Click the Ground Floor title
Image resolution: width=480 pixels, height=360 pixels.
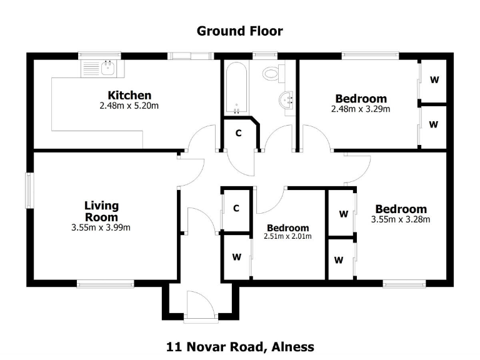pos(240,31)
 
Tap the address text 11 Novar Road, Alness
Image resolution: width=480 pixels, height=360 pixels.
pos(240,346)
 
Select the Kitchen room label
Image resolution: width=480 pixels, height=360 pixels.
pos(129,96)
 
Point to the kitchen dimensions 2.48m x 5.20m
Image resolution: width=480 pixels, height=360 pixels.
pos(129,106)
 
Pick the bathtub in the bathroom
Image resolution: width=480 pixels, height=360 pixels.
pos(236,87)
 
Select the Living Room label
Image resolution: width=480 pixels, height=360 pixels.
pos(101,211)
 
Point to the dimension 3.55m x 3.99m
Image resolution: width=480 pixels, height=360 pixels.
pos(101,227)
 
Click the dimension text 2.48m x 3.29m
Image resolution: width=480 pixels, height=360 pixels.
pos(361,109)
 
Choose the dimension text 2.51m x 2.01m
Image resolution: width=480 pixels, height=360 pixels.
pos(288,236)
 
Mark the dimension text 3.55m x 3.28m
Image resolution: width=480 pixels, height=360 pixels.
pos(401,219)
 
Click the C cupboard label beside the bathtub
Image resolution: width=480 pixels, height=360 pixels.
pos(238,133)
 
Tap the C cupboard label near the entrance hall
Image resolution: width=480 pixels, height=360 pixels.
pos(236,209)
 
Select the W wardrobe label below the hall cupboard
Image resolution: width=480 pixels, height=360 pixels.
pos(236,257)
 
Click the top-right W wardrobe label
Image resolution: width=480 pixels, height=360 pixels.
pos(434,80)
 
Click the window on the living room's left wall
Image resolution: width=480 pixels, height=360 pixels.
pos(29,189)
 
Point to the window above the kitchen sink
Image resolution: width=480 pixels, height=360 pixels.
pos(99,56)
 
